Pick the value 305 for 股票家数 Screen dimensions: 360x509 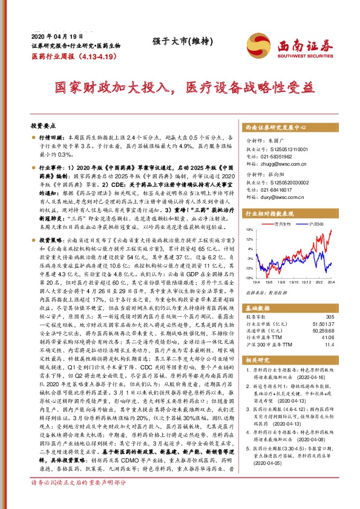point(329,317)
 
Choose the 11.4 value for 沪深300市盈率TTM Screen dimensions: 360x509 point(330,345)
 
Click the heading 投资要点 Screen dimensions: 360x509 point(42,125)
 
